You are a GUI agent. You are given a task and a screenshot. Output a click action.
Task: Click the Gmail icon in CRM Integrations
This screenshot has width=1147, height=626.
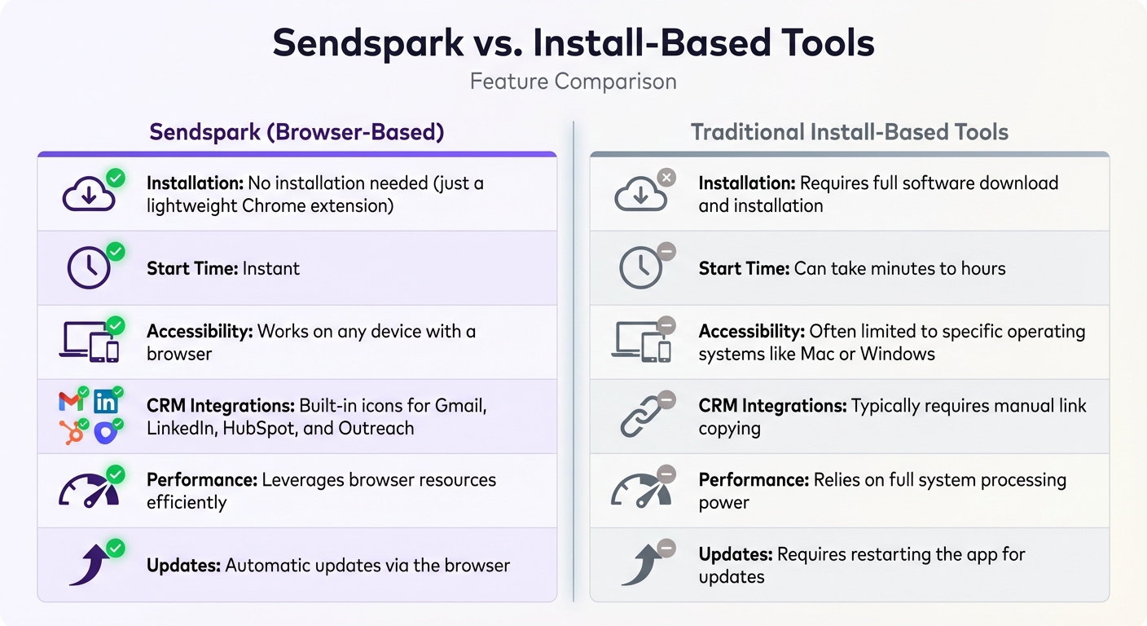(71, 401)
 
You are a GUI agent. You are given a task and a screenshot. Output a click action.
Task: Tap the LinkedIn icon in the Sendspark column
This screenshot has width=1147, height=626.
(106, 401)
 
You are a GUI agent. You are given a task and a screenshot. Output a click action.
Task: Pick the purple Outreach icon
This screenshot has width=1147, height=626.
(106, 432)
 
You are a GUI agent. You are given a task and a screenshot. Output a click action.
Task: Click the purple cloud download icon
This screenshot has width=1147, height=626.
(88, 194)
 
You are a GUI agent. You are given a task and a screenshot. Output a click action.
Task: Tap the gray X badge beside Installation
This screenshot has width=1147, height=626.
(666, 177)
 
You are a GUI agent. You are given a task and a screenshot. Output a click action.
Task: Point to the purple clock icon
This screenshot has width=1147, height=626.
(88, 268)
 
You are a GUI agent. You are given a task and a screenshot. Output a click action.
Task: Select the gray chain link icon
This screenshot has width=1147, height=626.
(640, 417)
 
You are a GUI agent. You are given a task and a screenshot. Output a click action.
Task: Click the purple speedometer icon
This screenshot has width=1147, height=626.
(88, 491)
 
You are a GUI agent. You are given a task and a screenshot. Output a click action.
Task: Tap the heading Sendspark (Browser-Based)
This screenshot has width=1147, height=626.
(297, 132)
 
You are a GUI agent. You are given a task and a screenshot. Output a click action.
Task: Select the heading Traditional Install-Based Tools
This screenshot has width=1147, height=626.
(850, 132)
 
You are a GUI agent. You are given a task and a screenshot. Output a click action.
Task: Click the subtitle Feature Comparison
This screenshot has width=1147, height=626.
(573, 82)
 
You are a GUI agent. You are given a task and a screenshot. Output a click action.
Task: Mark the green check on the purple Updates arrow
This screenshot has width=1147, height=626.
(116, 548)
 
